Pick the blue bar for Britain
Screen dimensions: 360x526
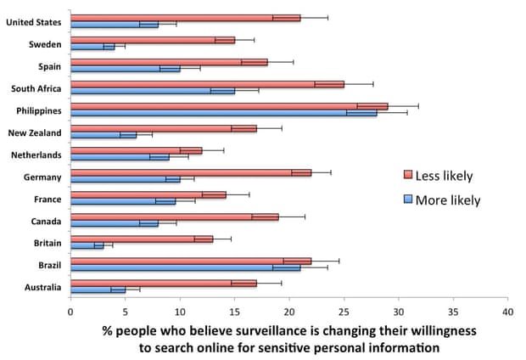[x=87, y=245]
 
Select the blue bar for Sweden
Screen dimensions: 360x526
[x=92, y=47]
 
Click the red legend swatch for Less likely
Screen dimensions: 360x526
[x=408, y=176]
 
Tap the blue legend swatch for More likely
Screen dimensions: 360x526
[x=408, y=200]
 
